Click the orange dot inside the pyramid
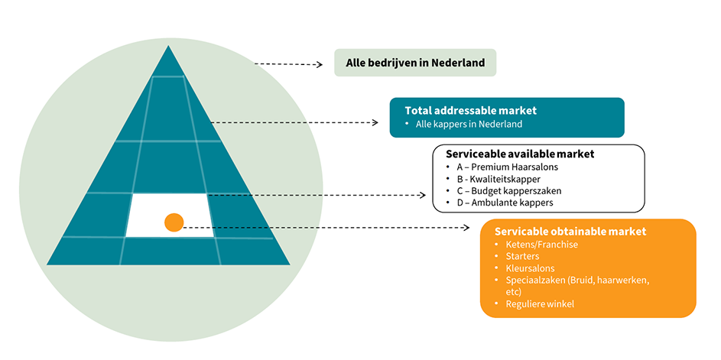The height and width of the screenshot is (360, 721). point(174,222)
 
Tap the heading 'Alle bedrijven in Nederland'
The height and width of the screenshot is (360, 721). point(414,63)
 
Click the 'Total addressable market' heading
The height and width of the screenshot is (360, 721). point(471,110)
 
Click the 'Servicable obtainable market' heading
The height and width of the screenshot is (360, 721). point(570,231)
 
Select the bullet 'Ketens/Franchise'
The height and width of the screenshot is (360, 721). point(542,245)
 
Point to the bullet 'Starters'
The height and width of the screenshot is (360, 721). point(523,257)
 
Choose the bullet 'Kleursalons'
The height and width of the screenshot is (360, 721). point(531,269)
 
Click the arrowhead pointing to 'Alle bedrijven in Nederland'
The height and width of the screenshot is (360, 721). point(320,65)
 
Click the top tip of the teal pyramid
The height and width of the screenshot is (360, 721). point(167,47)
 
